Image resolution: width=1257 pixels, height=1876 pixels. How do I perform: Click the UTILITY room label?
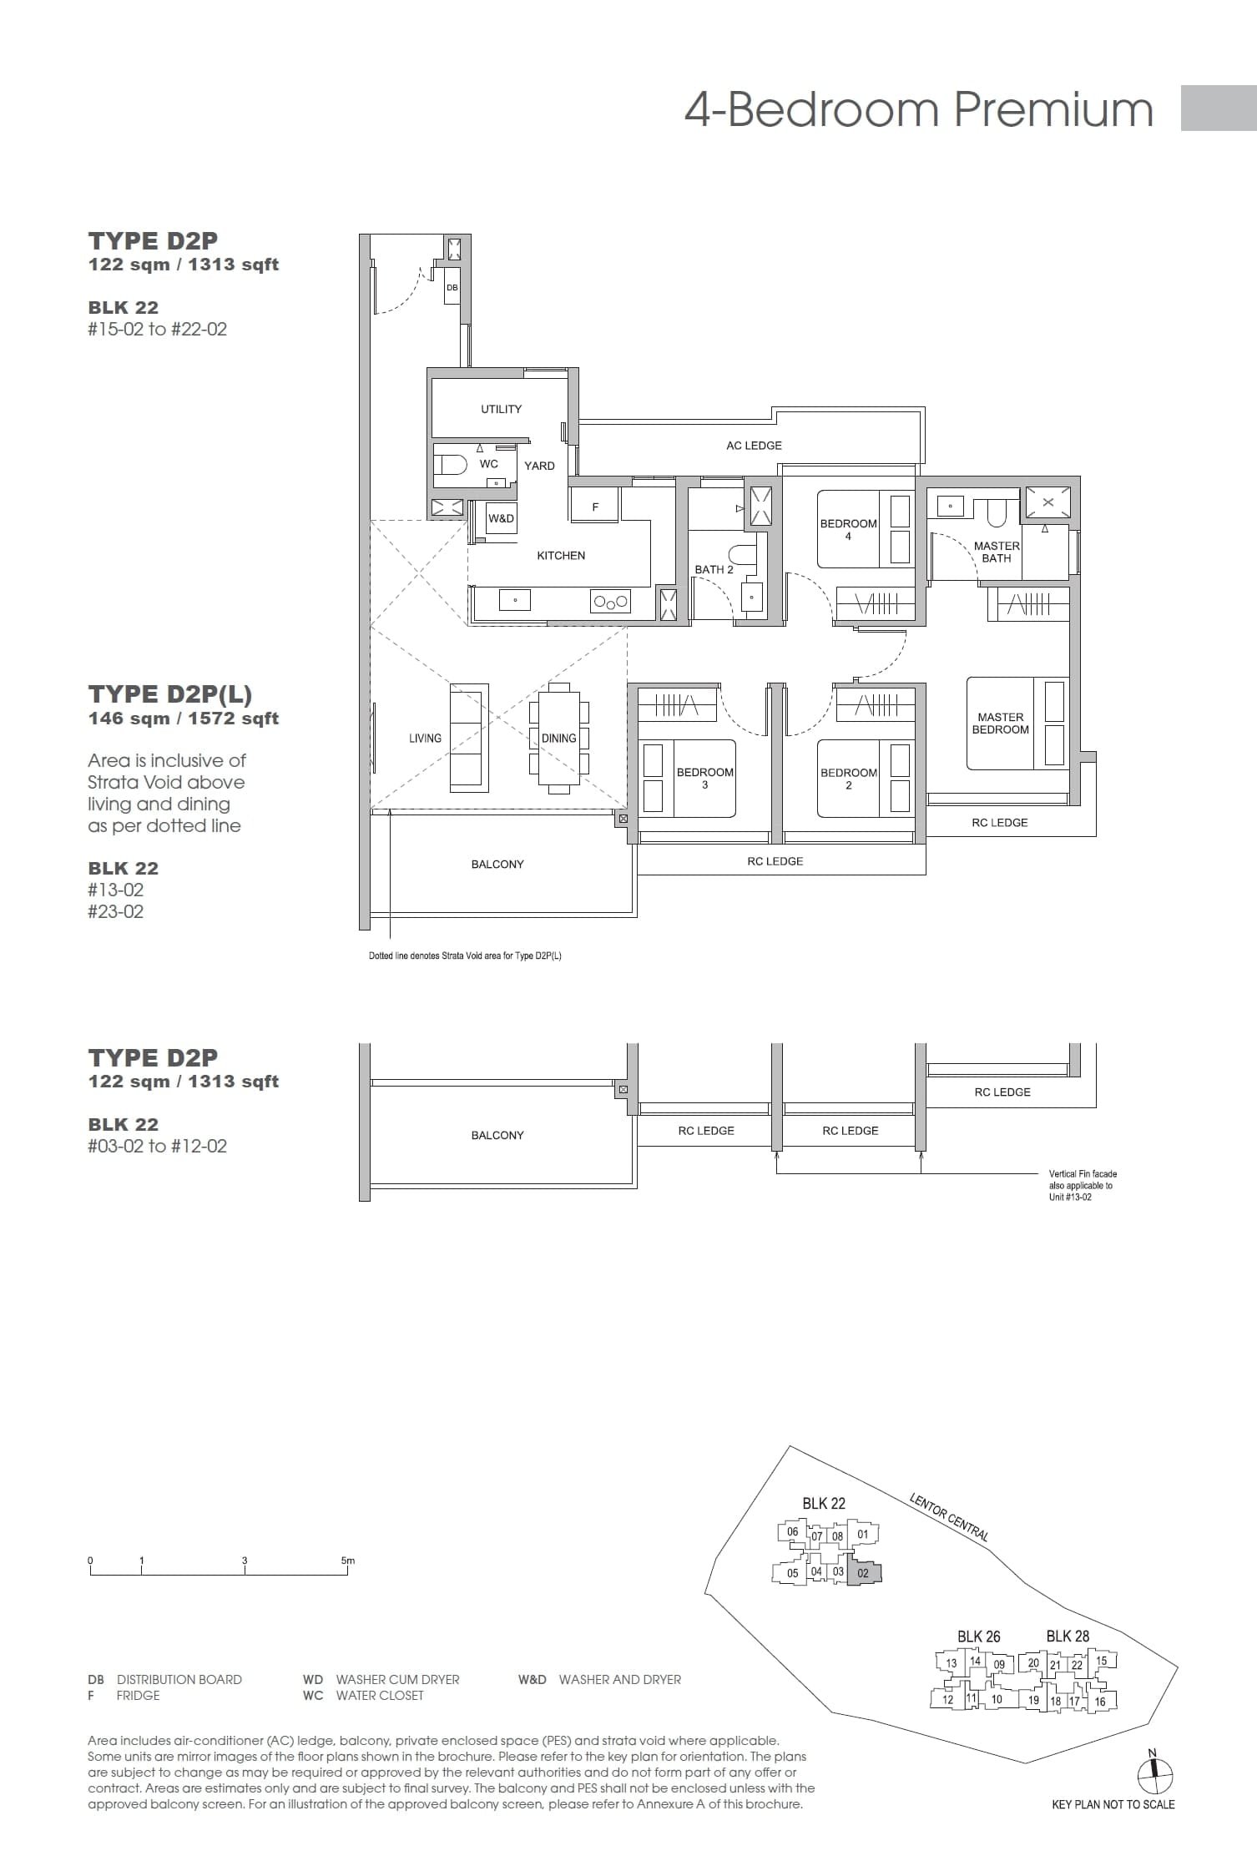point(501,409)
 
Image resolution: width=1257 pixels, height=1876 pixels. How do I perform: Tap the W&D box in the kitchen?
point(501,518)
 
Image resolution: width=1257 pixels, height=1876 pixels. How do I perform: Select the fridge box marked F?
point(595,506)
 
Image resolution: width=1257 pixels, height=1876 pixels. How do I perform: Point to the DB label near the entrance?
point(452,287)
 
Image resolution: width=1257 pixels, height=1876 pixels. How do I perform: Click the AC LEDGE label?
point(754,446)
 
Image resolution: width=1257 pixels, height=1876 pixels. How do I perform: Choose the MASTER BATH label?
point(997,552)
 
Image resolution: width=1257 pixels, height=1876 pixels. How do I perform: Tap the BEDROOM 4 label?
point(848,529)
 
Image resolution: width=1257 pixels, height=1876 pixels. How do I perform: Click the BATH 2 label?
point(714,569)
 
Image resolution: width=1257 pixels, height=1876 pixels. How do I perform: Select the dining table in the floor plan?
point(558,739)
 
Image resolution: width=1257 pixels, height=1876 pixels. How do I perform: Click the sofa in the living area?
point(469,738)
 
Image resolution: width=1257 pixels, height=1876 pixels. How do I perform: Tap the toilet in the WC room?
point(451,464)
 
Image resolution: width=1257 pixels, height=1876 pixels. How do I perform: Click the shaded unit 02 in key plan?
point(864,1573)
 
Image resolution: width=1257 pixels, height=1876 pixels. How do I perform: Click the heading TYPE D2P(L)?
point(170,694)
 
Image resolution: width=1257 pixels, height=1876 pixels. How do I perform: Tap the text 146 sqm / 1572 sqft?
point(184,719)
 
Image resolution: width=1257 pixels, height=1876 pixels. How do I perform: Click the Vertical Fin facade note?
point(1083,1185)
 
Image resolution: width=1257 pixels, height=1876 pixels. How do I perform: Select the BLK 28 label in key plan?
point(1068,1636)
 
